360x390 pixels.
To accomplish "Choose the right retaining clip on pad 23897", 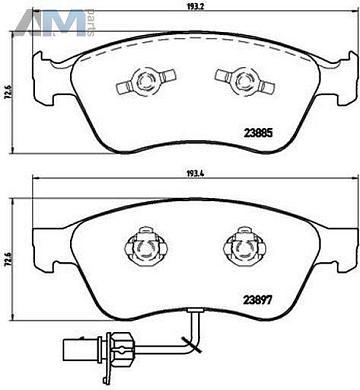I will (240, 245).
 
